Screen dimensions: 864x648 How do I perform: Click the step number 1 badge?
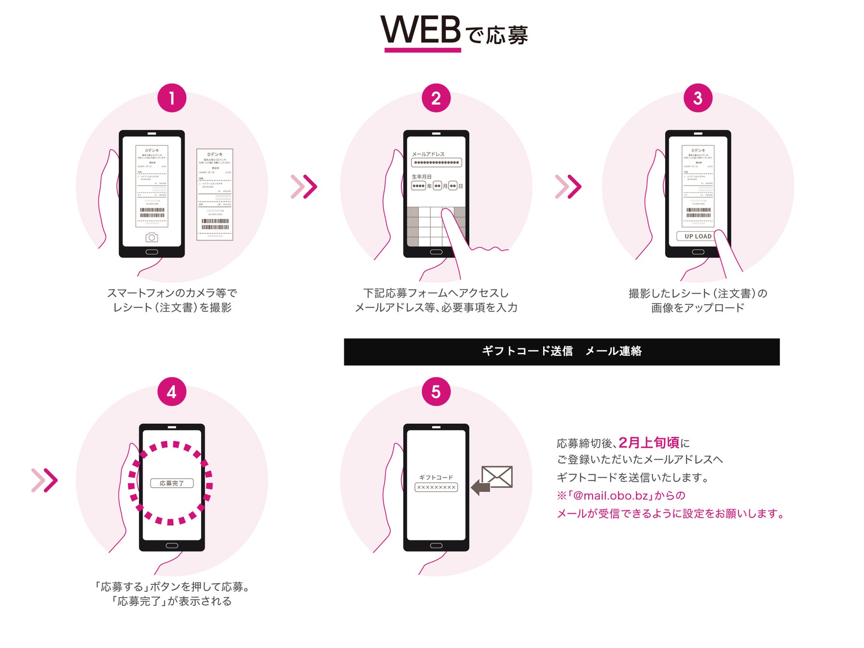point(171,98)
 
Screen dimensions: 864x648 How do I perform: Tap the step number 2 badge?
point(436,98)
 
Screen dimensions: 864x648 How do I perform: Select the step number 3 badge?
point(697,98)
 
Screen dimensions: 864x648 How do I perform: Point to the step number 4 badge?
point(171,392)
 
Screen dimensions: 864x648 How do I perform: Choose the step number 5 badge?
point(436,392)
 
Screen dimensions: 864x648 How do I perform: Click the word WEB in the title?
point(421,30)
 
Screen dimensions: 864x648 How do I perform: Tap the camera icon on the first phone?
point(152,237)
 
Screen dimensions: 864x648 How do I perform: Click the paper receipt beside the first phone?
point(215,194)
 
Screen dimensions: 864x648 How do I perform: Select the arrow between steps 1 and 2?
point(304,187)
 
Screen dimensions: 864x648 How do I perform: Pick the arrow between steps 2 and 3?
point(568,187)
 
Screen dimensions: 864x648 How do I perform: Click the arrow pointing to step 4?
point(44,480)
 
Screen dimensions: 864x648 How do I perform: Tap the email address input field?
point(436,163)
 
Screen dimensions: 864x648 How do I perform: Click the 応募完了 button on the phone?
point(171,483)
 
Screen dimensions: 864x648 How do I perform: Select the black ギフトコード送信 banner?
point(561,351)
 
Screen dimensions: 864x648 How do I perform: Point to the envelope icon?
point(497,477)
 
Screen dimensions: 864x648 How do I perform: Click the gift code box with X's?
point(436,487)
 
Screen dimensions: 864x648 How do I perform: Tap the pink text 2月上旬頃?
point(648,442)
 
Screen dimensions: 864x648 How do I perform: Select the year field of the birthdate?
point(418,186)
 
